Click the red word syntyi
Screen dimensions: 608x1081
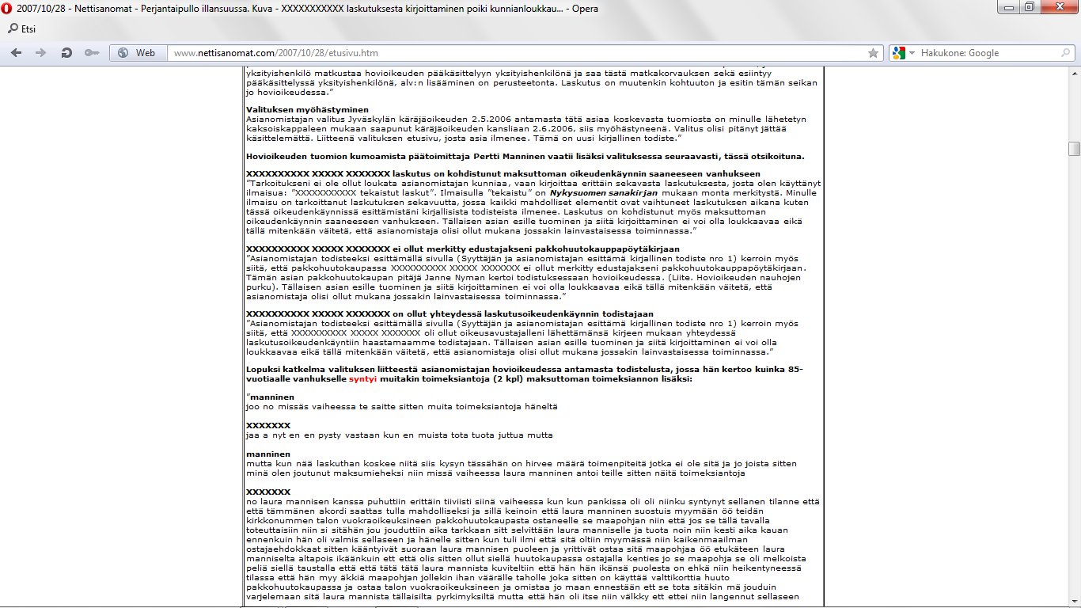[362, 379]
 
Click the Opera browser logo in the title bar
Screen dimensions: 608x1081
[7, 9]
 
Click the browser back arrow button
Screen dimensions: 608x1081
[17, 53]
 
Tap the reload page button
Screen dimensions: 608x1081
[66, 53]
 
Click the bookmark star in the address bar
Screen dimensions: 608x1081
[873, 53]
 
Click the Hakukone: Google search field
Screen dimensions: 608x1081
[981, 53]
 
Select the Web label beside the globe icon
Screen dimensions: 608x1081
[146, 53]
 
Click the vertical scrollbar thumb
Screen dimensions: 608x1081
[1074, 149]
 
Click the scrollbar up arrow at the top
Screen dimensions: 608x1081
[1074, 73]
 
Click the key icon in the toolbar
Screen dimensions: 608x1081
[92, 53]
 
